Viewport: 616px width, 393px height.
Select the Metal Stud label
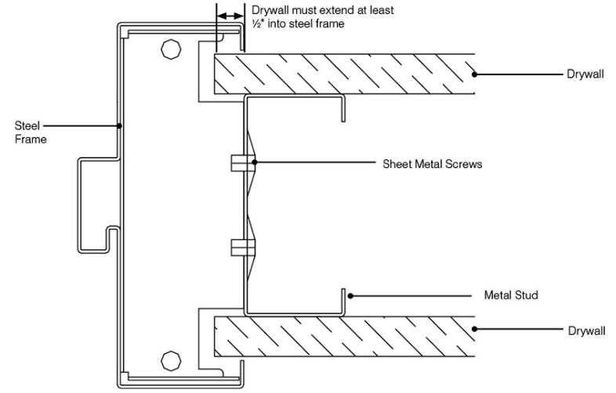511,297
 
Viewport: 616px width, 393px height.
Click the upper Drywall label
585,75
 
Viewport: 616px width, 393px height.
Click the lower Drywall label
585,331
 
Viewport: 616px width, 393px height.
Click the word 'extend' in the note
328,11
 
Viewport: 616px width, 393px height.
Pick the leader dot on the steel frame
118,126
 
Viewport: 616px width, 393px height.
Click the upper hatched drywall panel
345,75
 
